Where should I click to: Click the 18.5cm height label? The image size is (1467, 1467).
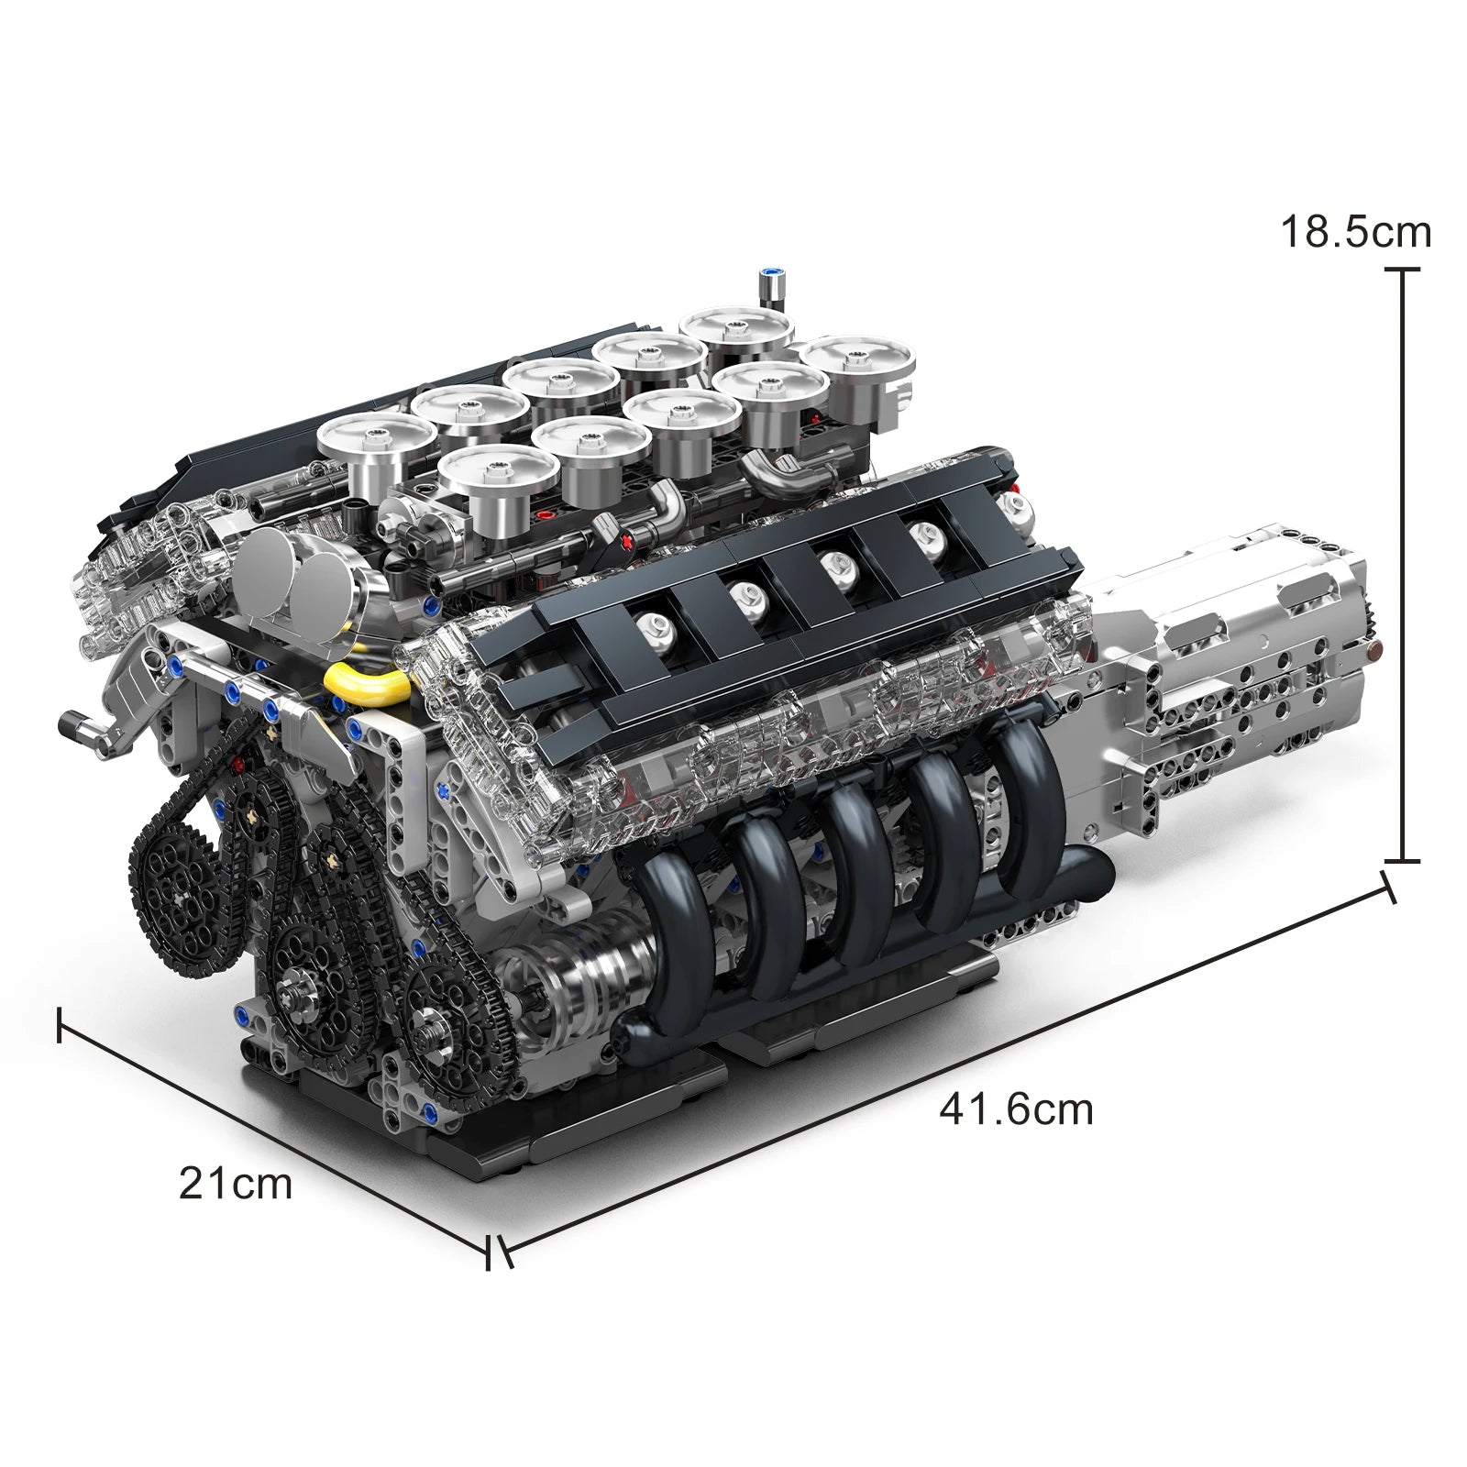[1354, 232]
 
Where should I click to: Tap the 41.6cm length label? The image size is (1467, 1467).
[1016, 1109]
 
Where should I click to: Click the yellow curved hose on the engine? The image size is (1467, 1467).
[368, 682]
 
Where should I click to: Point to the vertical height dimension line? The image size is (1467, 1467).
[1402, 568]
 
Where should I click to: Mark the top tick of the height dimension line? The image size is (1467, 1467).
[1402, 270]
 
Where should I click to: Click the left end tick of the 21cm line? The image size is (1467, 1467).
[60, 1024]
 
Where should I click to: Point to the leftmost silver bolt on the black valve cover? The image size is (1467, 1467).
[659, 628]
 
